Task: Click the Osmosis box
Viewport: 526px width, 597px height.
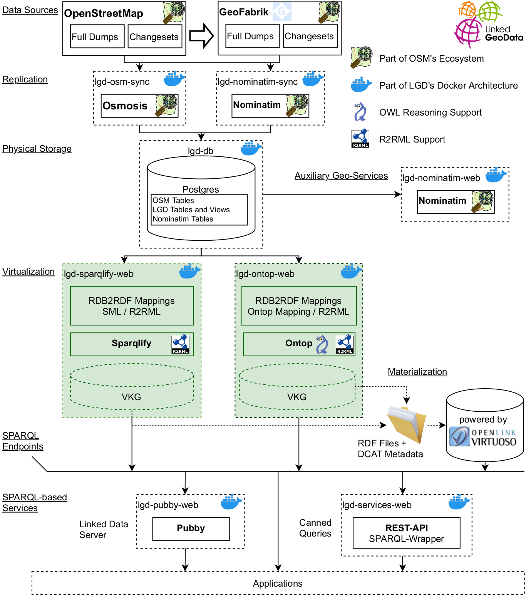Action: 139,106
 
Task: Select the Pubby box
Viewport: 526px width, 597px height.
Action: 191,528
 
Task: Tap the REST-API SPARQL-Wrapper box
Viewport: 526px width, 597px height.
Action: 406,533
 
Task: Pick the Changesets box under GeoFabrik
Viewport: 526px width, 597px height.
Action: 310,36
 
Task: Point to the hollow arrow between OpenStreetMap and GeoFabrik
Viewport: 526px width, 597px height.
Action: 201,36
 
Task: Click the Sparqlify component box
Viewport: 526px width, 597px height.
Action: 132,344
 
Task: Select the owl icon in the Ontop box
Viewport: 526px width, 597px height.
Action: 322,344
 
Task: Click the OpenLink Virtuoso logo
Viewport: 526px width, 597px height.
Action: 483,437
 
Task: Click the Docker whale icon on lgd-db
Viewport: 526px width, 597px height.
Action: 251,148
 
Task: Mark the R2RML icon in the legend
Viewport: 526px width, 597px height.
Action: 360,139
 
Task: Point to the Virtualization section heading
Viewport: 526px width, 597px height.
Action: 28,272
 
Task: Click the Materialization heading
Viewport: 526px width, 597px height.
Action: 417,372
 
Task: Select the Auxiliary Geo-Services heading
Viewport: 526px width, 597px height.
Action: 341,176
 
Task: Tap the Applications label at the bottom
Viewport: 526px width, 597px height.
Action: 278,584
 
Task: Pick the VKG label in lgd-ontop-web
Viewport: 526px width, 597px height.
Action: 297,397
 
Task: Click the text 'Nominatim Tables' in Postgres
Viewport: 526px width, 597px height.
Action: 183,219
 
